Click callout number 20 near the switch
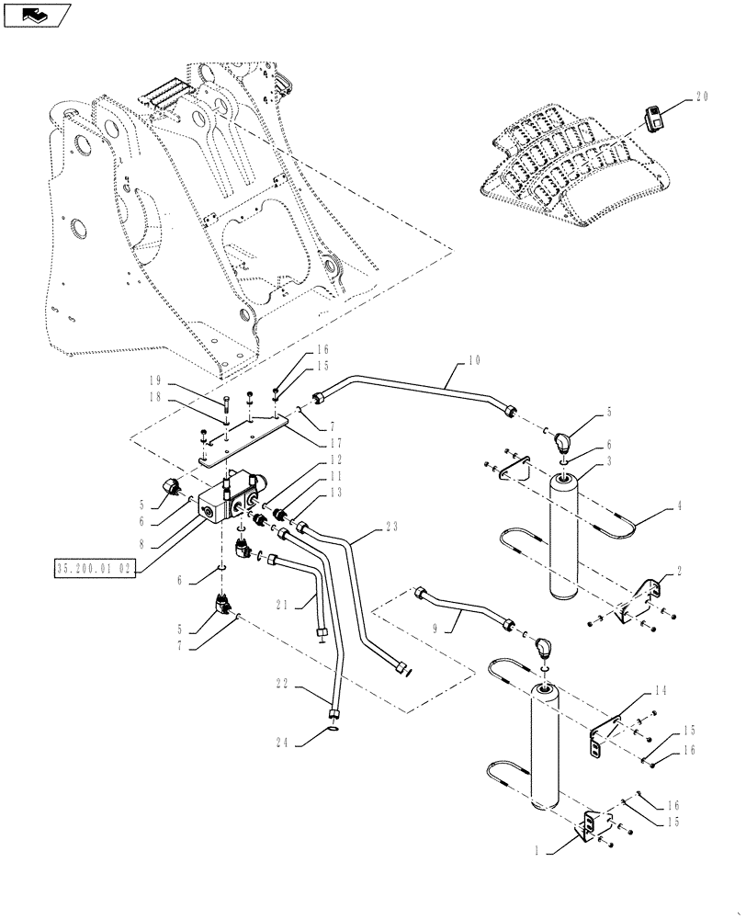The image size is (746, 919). tap(703, 95)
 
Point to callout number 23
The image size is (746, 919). tap(393, 528)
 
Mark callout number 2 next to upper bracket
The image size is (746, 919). tap(679, 571)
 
